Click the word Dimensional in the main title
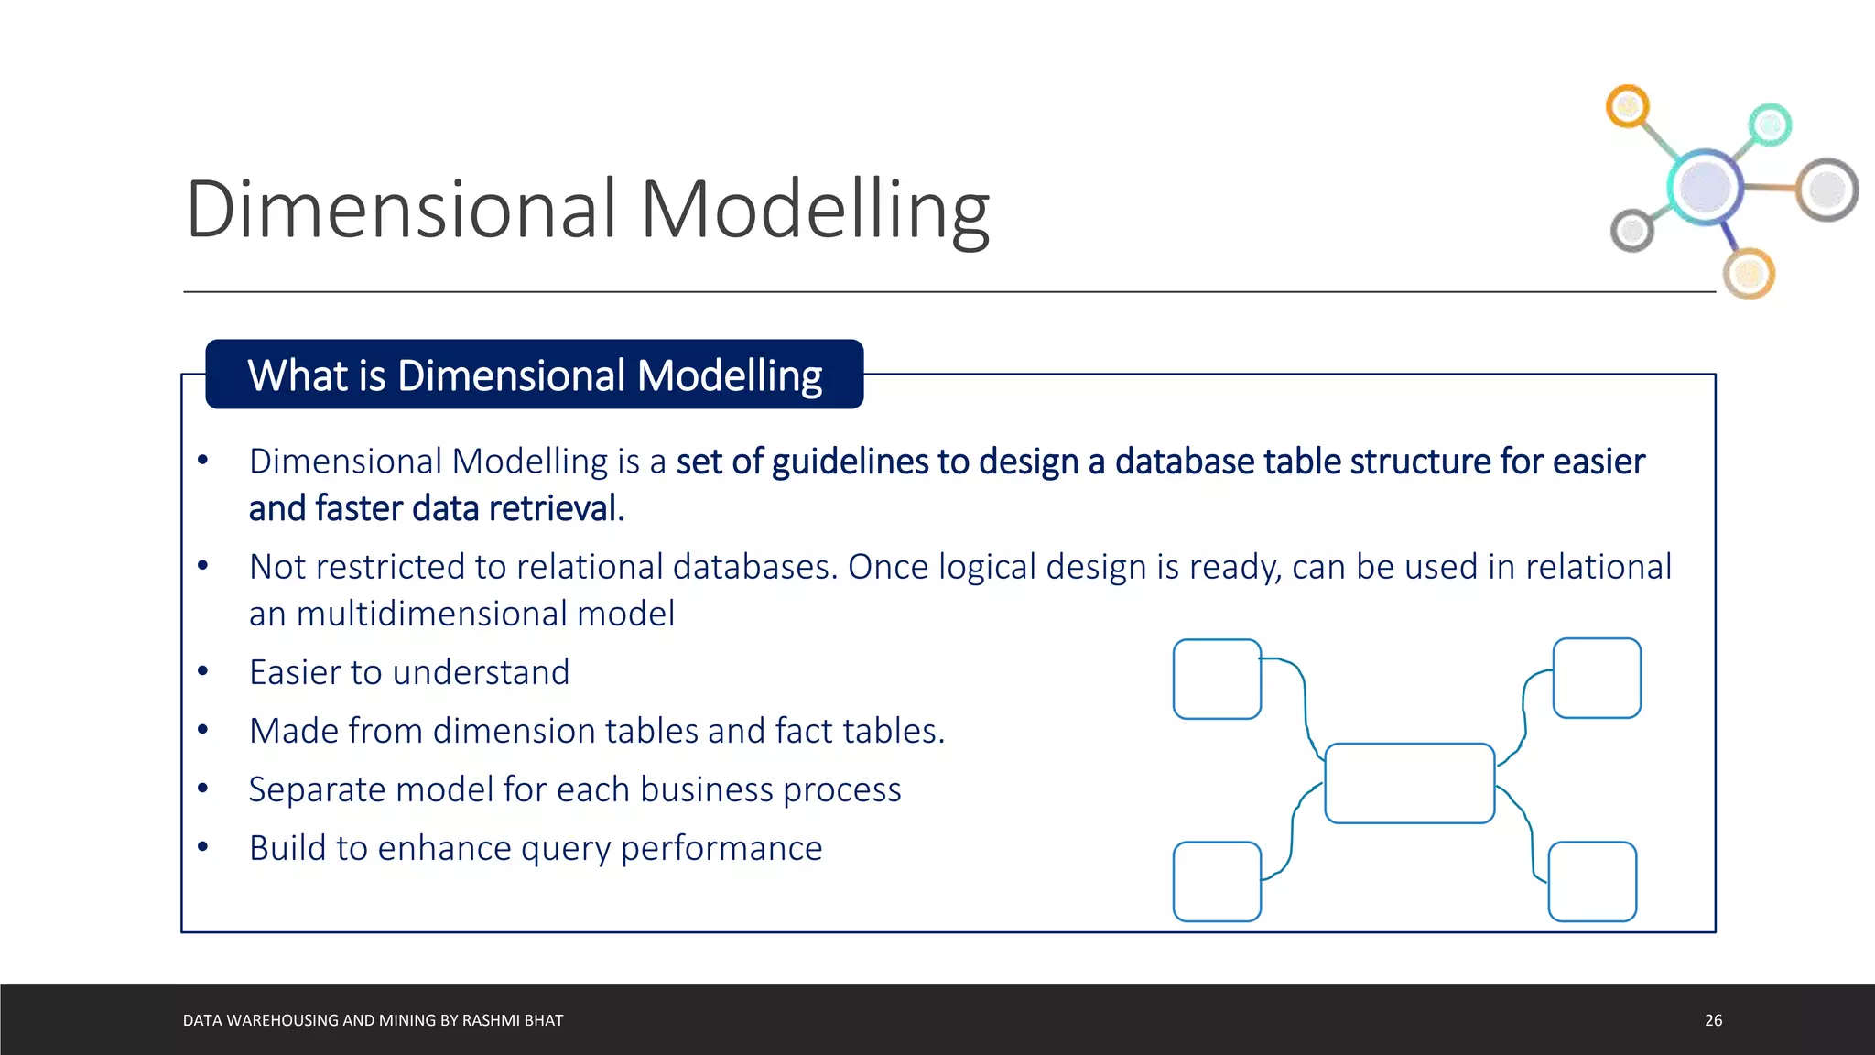[401, 210]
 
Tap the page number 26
[1713, 1020]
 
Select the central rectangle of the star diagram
[1409, 783]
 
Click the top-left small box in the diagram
[1217, 679]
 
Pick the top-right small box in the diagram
[1597, 678]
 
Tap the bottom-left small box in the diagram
[1217, 881]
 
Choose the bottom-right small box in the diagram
[1591, 881]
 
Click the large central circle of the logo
[1705, 186]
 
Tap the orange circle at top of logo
[1627, 107]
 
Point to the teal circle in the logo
[1770, 125]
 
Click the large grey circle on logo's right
[1826, 190]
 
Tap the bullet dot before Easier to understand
[203, 672]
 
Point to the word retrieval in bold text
[562, 508]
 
